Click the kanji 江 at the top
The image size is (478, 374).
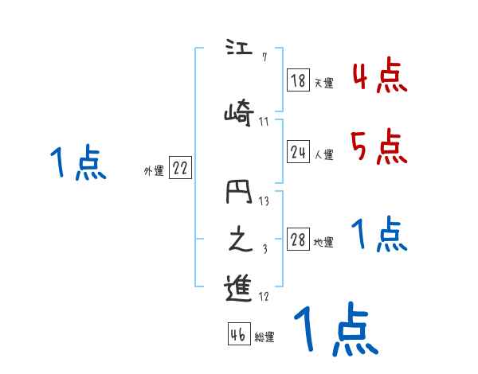click(237, 49)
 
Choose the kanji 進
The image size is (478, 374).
click(238, 288)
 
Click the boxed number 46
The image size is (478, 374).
click(238, 335)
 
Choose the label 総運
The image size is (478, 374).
click(264, 337)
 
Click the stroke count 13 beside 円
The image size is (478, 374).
click(264, 201)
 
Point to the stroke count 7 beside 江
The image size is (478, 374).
click(264, 56)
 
